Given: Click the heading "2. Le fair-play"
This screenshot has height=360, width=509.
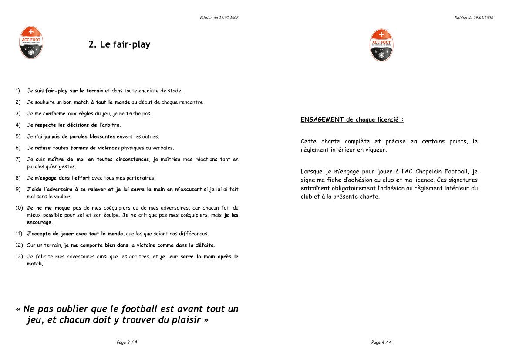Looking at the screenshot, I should point(119,44).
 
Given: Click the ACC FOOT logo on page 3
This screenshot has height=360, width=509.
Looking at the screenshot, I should point(31,42).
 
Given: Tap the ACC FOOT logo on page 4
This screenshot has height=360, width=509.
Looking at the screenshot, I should point(381,45).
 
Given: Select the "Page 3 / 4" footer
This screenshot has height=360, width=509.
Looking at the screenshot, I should point(127,343).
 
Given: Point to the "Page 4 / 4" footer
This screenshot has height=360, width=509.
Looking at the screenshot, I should point(381,343).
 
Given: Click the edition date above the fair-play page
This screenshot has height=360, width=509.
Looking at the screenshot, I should point(219,17).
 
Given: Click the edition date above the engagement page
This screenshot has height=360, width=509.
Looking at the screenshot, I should point(473,17).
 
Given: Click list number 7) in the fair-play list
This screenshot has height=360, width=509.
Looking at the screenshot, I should point(18,160).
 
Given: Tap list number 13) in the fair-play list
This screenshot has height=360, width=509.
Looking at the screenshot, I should point(19,257).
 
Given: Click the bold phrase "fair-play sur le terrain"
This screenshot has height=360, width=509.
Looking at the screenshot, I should point(74,91).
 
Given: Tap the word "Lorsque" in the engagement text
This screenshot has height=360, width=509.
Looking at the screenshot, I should point(311,172).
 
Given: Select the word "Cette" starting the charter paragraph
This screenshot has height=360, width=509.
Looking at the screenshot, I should point(309,142).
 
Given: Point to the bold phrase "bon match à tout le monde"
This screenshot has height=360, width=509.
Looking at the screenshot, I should point(96,102).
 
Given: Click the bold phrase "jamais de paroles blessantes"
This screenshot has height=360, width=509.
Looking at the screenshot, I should point(80,136).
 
